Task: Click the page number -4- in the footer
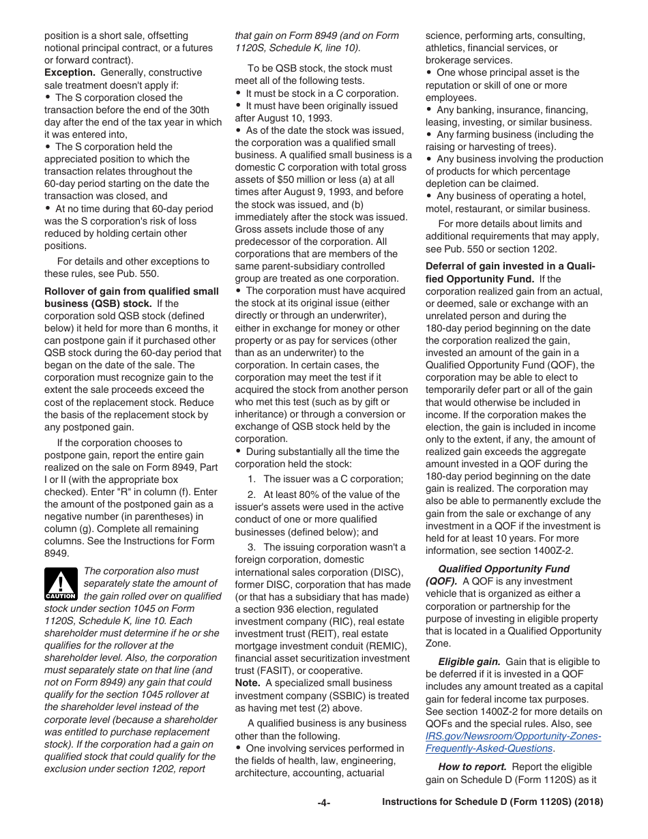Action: point(323,803)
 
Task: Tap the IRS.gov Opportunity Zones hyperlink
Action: point(513,742)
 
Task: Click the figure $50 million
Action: point(311,180)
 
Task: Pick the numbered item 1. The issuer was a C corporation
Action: point(325,479)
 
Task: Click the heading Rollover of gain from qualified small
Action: point(132,291)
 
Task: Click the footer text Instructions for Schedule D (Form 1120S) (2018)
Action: point(492,803)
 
